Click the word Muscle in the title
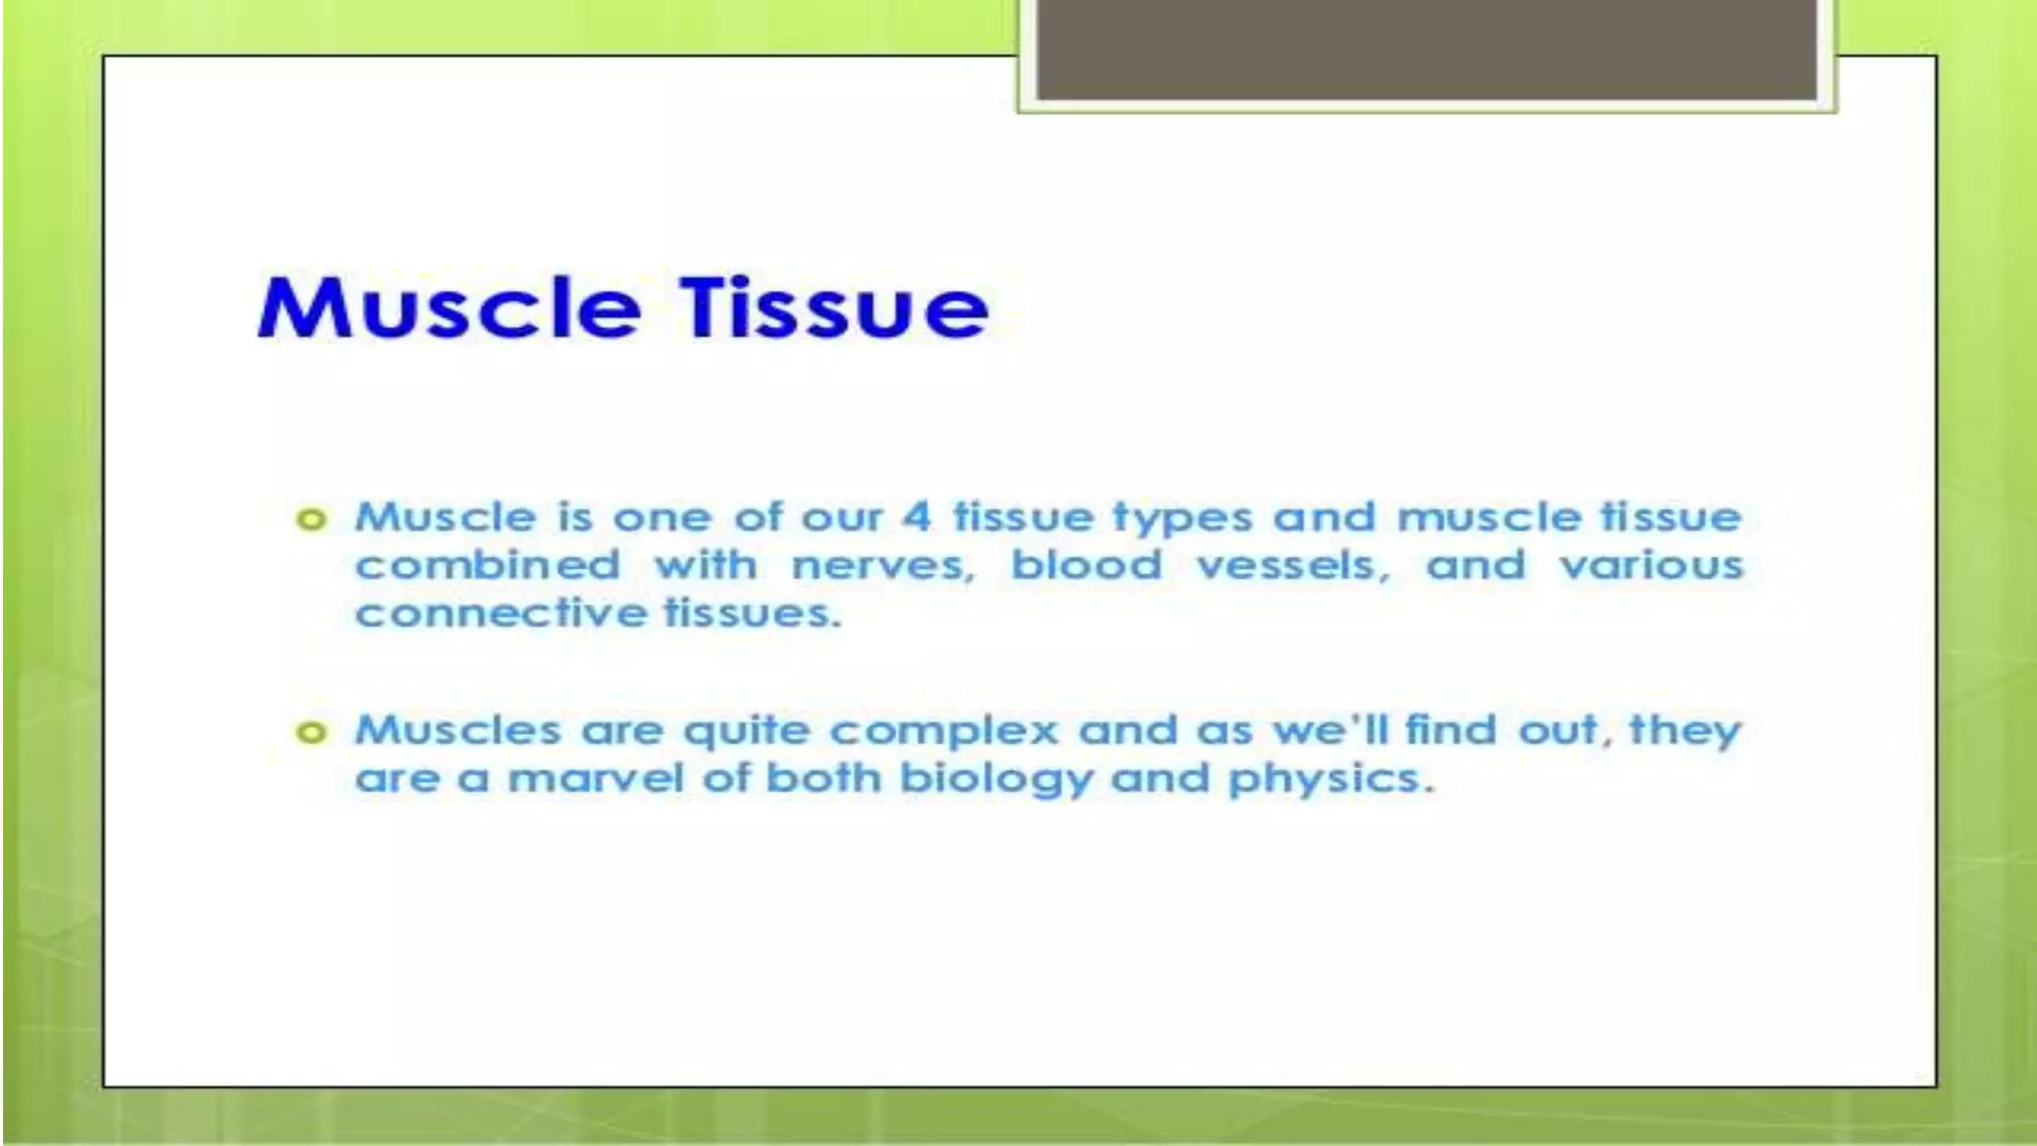pos(448,308)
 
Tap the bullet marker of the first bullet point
pos(311,519)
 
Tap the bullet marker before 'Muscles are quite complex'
pos(311,733)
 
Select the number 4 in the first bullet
pos(916,517)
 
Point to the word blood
pos(1086,566)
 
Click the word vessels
pos(1292,566)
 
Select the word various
pos(1651,566)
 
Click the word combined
pos(487,566)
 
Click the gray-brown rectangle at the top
pos(1426,50)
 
